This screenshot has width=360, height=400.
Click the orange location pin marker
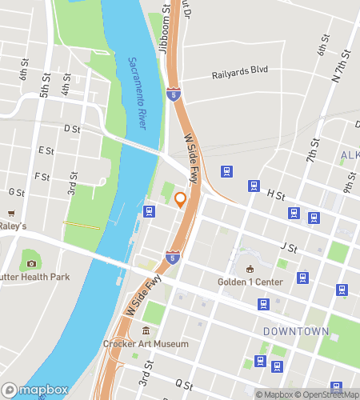point(181,200)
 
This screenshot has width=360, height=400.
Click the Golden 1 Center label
point(250,282)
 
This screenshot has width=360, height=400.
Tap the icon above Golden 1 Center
point(250,269)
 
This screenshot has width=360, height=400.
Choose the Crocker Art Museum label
point(146,344)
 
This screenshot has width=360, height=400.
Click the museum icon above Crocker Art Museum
point(146,331)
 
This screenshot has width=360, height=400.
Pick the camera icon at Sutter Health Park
point(31,263)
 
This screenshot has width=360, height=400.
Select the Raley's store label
point(13,226)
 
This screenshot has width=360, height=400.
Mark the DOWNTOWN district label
point(296,330)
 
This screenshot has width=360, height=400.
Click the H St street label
point(276,194)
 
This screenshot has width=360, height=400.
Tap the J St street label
point(289,248)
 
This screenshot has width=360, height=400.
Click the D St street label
point(72,128)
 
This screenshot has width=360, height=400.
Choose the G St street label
point(15,192)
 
